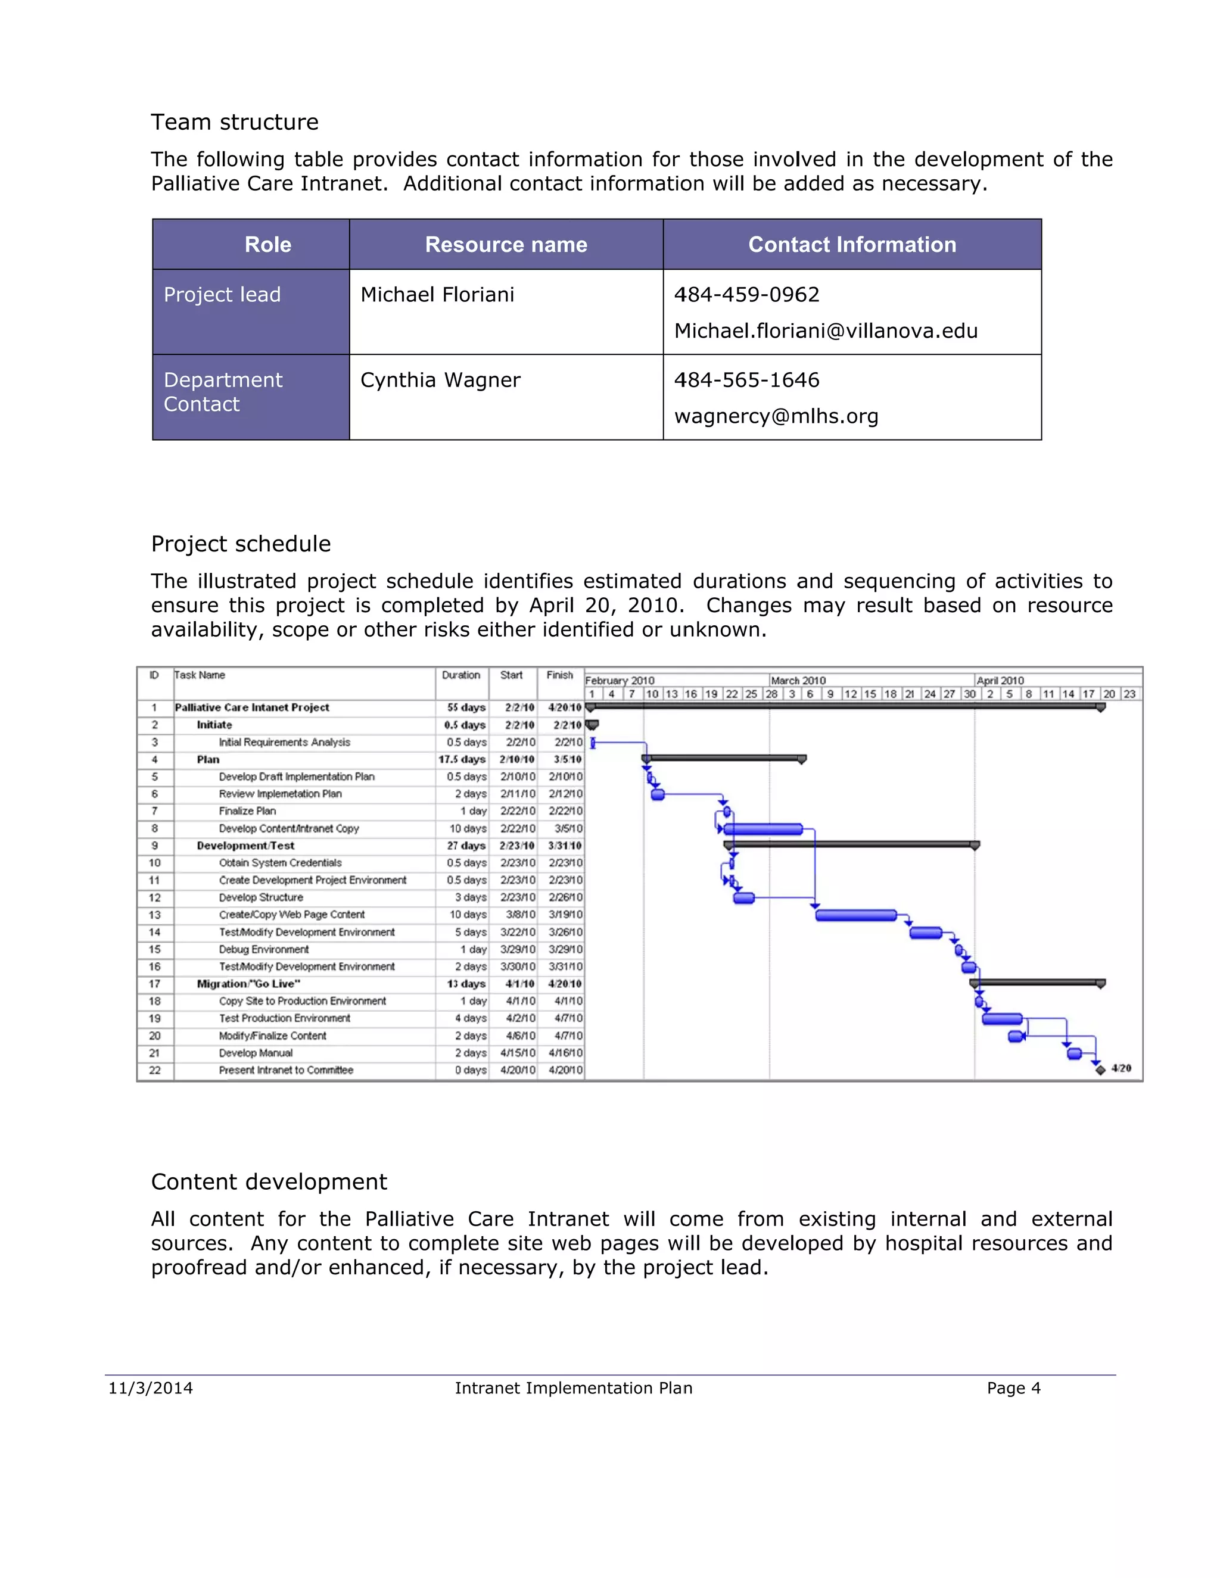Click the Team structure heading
point(234,122)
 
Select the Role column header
point(267,244)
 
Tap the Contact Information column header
point(851,244)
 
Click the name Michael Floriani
point(437,295)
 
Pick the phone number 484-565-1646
point(746,380)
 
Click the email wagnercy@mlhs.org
point(776,416)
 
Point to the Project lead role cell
point(222,295)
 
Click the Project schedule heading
point(241,543)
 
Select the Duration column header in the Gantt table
point(460,675)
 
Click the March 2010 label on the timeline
point(798,681)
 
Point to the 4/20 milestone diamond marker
point(1100,1069)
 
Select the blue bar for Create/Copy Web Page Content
point(856,915)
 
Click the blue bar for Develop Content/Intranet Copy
point(763,829)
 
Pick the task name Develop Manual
point(256,1053)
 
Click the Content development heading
point(269,1181)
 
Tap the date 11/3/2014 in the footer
point(150,1388)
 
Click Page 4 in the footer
point(1013,1388)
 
